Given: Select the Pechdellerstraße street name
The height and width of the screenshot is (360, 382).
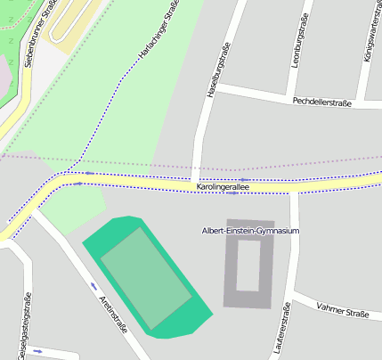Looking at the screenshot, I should pos(321,102).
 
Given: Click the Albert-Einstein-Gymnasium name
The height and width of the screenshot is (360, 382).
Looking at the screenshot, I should pos(249,231).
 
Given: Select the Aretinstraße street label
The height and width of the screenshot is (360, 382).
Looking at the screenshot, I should pos(113,312).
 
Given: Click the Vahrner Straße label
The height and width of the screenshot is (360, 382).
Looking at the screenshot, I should pos(343,313).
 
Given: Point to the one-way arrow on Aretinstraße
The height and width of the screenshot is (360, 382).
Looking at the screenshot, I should pos(94,287).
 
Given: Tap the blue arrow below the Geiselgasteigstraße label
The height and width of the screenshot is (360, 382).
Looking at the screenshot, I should pos(37,351).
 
